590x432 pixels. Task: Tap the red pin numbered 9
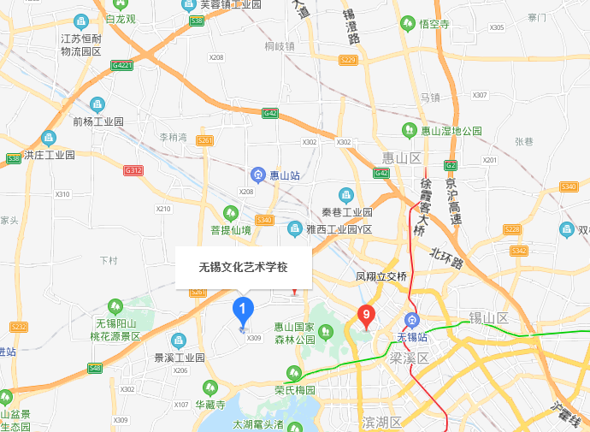click(x=366, y=317)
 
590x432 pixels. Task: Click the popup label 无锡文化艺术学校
click(x=244, y=267)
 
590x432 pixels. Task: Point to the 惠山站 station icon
click(x=257, y=175)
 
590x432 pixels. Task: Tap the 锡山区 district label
click(x=488, y=317)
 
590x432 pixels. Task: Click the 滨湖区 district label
click(x=381, y=423)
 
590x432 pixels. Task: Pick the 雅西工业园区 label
click(x=339, y=229)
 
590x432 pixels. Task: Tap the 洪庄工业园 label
click(x=50, y=155)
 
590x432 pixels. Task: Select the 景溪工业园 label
click(x=180, y=357)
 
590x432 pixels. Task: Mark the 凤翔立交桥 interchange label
click(x=381, y=276)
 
